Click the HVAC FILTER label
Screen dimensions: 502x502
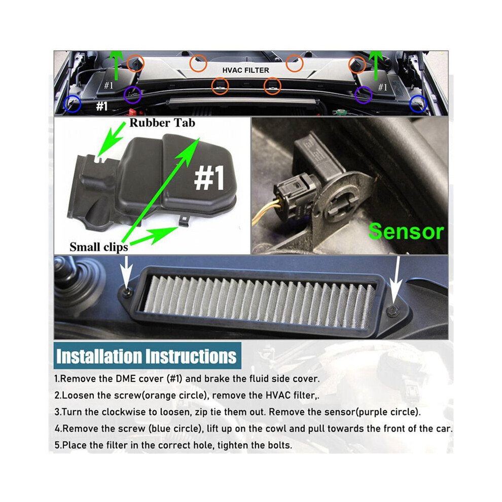pyautogui.click(x=245, y=70)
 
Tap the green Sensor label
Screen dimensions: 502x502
pyautogui.click(x=406, y=231)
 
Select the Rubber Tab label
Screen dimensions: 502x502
pyautogui.click(x=162, y=123)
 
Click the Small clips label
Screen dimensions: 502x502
pyautogui.click(x=98, y=247)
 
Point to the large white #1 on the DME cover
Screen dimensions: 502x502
pyautogui.click(x=209, y=178)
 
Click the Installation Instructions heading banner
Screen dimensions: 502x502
pyautogui.click(x=147, y=355)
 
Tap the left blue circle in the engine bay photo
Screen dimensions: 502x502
pyautogui.click(x=73, y=104)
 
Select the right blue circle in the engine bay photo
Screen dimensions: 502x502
pyautogui.click(x=418, y=104)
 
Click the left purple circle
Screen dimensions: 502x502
pyautogui.click(x=132, y=94)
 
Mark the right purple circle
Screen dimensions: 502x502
pyautogui.click(x=364, y=95)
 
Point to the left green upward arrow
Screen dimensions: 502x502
pyautogui.click(x=116, y=65)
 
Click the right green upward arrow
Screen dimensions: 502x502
pyautogui.click(x=376, y=65)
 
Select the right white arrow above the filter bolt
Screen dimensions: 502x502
pyautogui.click(x=397, y=279)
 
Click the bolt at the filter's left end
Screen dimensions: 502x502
pyautogui.click(x=128, y=291)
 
